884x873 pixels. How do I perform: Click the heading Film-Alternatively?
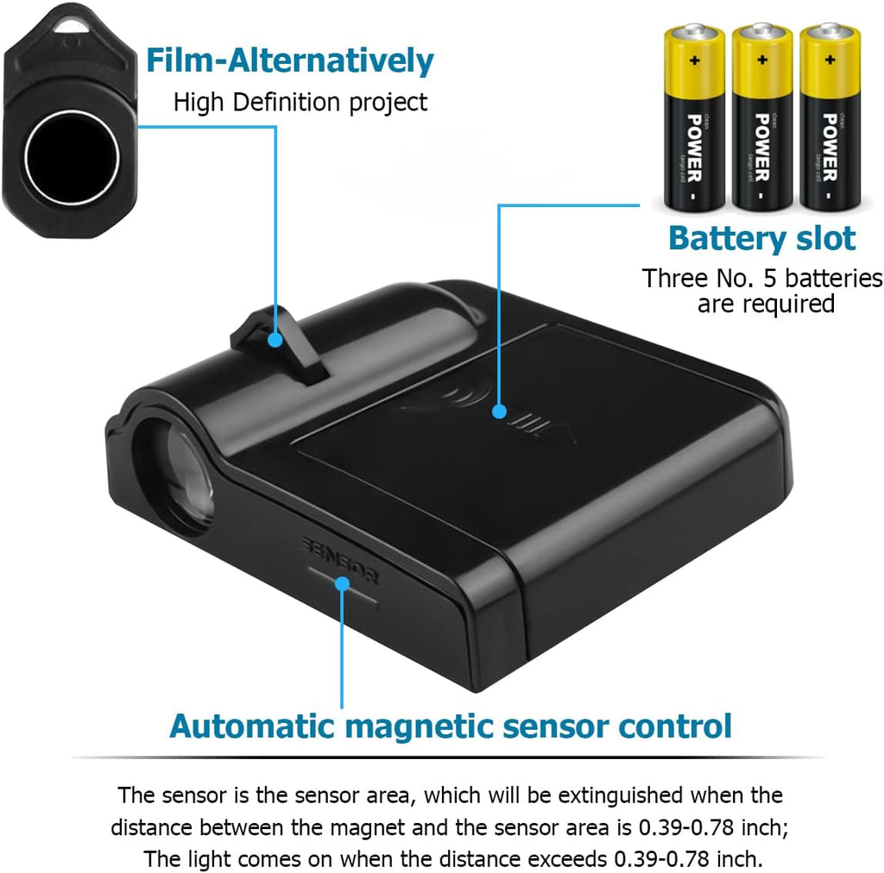tap(289, 60)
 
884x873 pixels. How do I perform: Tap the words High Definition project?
tap(300, 102)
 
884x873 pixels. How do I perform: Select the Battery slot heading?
tap(762, 238)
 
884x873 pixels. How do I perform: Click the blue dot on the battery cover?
tap(499, 411)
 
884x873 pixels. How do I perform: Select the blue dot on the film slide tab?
tap(275, 339)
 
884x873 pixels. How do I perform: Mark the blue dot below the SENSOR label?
tap(343, 584)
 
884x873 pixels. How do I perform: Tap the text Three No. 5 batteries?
tap(762, 279)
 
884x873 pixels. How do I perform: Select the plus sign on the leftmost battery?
tap(693, 61)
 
